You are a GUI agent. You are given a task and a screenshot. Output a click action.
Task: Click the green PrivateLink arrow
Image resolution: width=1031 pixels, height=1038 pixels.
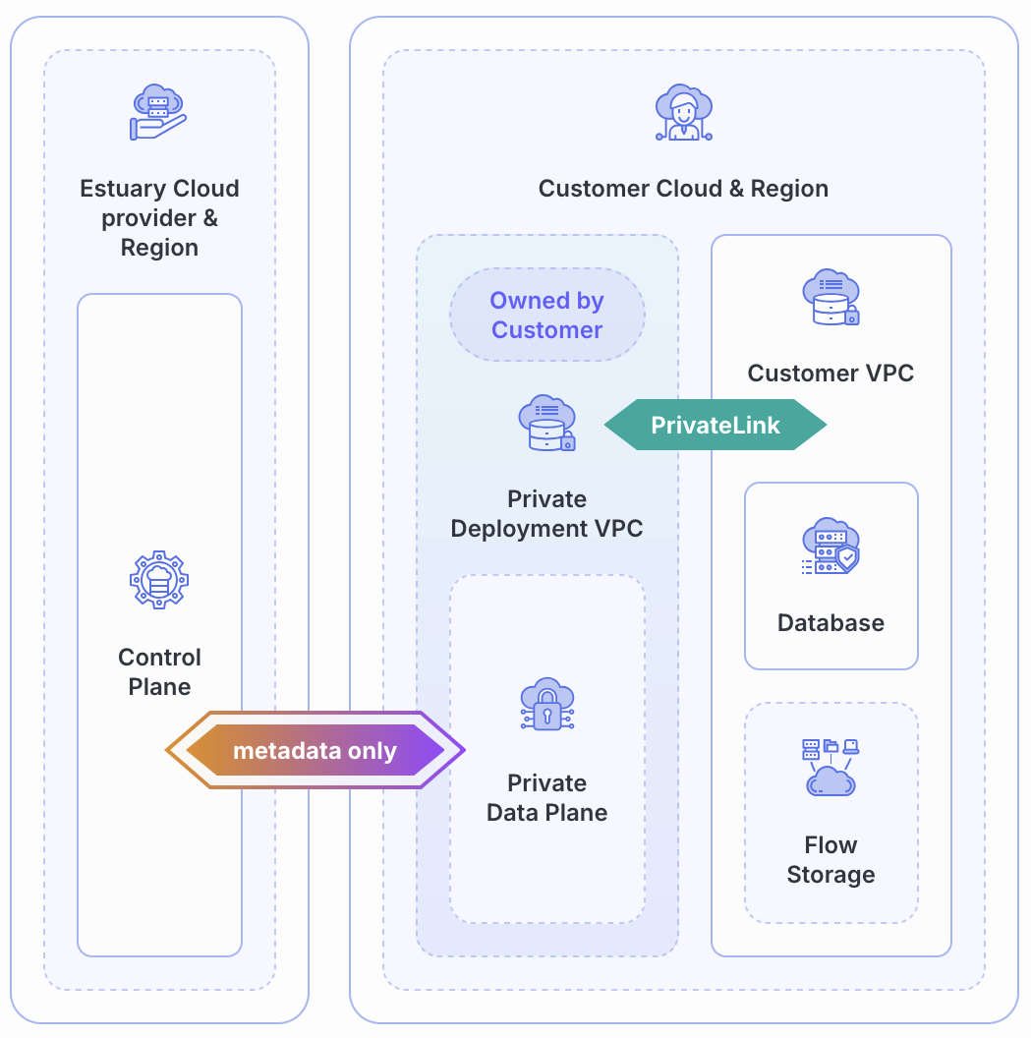(x=715, y=425)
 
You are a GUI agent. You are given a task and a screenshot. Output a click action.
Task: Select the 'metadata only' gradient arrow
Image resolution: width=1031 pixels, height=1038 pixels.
(x=315, y=751)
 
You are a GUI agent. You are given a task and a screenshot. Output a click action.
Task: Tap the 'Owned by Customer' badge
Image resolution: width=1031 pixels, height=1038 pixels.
(x=546, y=316)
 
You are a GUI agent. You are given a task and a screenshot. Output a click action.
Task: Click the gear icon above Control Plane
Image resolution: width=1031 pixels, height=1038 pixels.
(x=159, y=580)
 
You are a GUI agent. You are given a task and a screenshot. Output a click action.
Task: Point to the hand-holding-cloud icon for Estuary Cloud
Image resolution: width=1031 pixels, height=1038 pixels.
(x=158, y=112)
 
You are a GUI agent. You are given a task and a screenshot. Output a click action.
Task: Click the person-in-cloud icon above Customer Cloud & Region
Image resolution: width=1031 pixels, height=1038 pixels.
(x=683, y=113)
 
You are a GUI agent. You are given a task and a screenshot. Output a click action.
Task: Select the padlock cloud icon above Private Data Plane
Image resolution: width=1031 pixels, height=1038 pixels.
(x=546, y=705)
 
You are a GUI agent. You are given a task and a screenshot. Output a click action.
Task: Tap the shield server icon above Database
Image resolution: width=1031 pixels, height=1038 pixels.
(x=831, y=547)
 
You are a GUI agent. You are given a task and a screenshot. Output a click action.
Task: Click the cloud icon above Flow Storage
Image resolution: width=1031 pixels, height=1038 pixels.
(x=831, y=767)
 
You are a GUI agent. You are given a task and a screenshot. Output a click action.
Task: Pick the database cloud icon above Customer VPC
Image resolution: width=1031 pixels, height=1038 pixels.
(x=831, y=297)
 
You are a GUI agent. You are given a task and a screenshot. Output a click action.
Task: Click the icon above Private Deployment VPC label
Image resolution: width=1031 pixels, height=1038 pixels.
(x=546, y=423)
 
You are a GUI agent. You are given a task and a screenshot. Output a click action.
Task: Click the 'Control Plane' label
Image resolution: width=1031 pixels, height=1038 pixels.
(x=159, y=672)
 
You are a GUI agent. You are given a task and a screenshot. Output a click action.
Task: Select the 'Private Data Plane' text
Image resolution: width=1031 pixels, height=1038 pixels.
(x=546, y=798)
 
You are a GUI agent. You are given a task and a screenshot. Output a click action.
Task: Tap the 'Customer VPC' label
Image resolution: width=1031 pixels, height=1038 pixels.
(x=831, y=374)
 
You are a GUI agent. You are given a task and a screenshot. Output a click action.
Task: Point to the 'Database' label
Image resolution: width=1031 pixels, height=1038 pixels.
(x=831, y=623)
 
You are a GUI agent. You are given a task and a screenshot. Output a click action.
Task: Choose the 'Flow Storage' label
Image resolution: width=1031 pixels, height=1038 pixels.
(x=831, y=860)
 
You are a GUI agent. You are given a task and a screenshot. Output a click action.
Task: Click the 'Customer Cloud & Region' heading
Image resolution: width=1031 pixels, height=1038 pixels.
(x=683, y=189)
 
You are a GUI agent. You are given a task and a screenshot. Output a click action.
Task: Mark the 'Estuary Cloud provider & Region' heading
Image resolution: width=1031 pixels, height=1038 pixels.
(x=159, y=218)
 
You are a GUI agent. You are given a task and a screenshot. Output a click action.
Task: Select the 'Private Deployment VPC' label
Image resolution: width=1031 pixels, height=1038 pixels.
(x=546, y=513)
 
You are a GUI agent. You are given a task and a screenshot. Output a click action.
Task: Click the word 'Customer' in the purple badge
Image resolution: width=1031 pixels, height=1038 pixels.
(x=546, y=330)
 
